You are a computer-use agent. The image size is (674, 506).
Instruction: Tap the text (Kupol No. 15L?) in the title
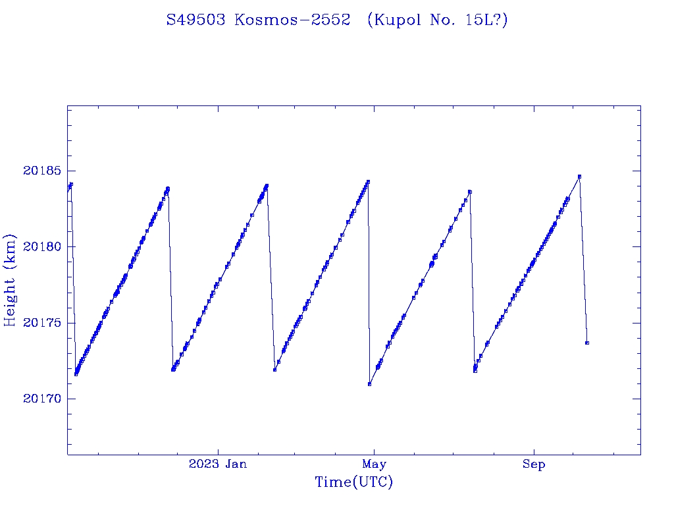(x=437, y=20)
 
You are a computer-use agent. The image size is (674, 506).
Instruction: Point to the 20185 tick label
(x=41, y=171)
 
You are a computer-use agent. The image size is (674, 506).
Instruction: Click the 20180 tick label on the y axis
(x=41, y=247)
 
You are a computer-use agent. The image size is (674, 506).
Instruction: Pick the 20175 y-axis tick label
(x=41, y=323)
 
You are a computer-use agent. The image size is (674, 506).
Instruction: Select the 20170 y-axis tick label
(x=41, y=399)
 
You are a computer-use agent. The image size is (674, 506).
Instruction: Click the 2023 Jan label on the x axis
(x=218, y=464)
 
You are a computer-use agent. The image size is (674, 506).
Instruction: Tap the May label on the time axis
(x=374, y=464)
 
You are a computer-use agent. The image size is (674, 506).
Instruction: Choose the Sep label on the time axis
(x=534, y=464)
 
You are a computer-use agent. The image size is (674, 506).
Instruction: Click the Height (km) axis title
(x=10, y=280)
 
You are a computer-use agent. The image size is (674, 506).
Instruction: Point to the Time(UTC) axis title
(x=353, y=483)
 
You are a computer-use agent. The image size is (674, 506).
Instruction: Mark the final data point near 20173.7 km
(x=587, y=343)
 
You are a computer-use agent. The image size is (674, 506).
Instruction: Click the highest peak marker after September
(x=579, y=177)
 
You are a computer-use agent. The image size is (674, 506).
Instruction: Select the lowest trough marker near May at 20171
(x=370, y=384)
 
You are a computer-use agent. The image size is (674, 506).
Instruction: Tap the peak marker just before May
(x=368, y=182)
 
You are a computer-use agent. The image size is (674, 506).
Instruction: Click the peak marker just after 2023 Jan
(x=267, y=186)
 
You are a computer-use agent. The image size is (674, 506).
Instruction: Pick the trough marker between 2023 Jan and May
(x=274, y=370)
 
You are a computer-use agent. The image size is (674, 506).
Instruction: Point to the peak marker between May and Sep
(x=470, y=192)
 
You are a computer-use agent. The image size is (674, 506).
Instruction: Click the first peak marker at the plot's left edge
(x=70, y=184)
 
